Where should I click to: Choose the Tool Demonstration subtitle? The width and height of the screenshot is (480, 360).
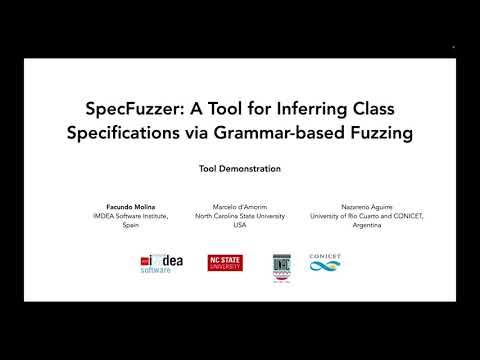tap(241, 168)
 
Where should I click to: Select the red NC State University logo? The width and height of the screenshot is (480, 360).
tap(225, 263)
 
